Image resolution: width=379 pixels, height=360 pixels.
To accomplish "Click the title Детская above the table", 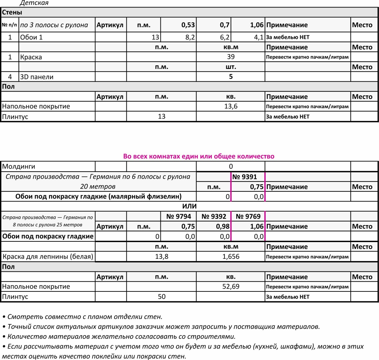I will coord(34,3).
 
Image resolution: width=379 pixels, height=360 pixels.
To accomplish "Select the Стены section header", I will coord(12,12).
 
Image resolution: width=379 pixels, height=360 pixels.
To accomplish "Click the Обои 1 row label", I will coord(31,37).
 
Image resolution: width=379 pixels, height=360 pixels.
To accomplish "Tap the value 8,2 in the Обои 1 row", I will coord(190,37).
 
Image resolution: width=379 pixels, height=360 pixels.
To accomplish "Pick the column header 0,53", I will coord(188,25).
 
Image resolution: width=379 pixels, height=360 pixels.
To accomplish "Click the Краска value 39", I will coord(231,57).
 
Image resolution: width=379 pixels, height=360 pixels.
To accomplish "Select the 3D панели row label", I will coord(37,77).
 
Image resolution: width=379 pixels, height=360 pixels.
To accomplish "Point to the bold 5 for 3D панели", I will coord(231,77).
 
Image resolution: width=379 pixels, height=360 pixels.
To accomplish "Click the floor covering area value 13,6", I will coord(231,106).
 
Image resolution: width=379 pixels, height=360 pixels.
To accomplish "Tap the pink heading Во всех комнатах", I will coord(199,156).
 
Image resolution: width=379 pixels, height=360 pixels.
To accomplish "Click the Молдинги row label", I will coord(19,167).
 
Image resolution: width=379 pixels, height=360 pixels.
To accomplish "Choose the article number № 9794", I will coord(178,216).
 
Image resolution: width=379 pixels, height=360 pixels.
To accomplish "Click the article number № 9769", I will coord(248,216).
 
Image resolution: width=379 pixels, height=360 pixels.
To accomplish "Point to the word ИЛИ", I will coord(189,206).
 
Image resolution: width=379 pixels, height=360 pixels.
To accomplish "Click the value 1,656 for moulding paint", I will coord(231,256).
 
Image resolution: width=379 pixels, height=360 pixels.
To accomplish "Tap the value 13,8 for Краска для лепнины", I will coord(161,256).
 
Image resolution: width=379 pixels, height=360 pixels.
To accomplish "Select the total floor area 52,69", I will coord(231,286).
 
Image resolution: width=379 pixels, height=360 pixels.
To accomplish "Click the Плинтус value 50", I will coord(161,297).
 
